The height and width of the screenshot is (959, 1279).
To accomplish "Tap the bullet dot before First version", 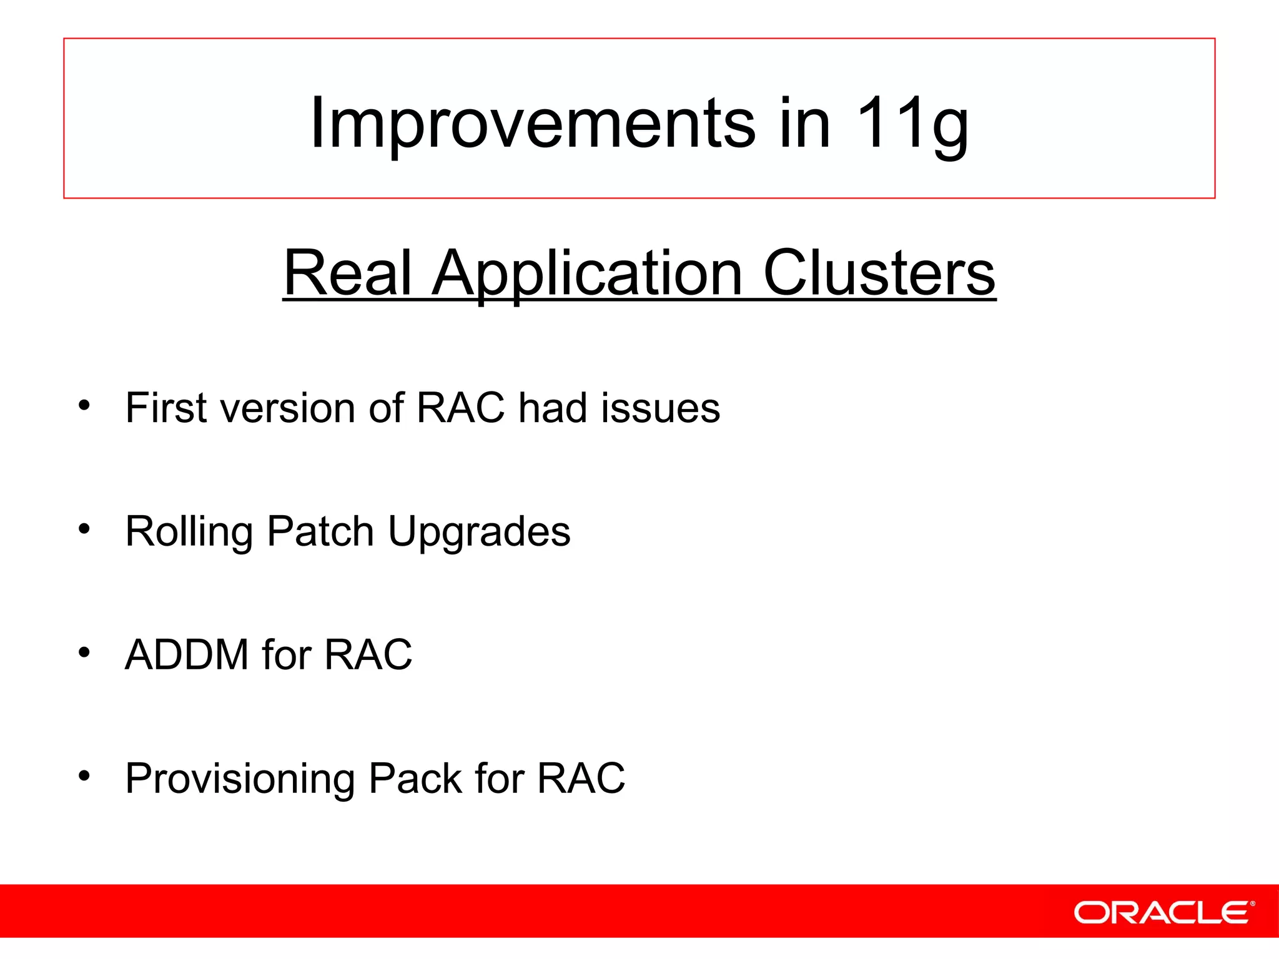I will click(x=84, y=406).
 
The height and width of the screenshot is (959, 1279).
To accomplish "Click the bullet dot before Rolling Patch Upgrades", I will click(x=84, y=529).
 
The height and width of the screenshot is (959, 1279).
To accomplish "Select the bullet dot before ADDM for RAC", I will click(x=84, y=653).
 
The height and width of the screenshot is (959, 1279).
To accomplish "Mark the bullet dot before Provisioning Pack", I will click(x=84, y=777).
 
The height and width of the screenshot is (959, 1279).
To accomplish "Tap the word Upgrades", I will click(x=479, y=531).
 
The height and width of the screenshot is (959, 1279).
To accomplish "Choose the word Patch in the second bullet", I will click(x=320, y=531).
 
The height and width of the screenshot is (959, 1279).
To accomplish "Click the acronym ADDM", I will click(x=187, y=655).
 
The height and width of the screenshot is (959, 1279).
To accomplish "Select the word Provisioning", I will click(x=240, y=779).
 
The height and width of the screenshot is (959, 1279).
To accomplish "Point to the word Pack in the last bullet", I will click(x=415, y=779).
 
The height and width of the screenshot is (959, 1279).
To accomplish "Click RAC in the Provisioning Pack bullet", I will click(x=581, y=779).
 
